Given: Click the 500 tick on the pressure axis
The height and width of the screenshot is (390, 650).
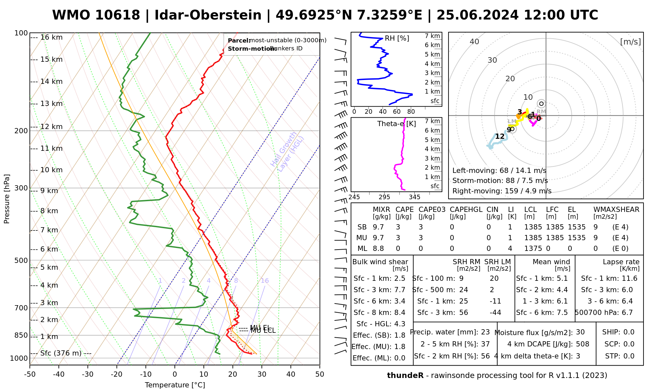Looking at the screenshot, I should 21,260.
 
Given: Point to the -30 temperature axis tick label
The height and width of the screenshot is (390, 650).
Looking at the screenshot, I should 88,374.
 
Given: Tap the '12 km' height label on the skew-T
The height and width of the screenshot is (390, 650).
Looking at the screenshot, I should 51,127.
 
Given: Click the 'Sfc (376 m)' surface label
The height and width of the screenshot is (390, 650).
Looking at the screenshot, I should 61,353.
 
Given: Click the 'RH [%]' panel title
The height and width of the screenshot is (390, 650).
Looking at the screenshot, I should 397,38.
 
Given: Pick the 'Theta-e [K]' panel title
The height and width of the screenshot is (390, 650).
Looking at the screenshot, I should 396,124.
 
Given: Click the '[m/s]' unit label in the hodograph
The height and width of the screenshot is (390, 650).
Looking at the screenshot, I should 630,42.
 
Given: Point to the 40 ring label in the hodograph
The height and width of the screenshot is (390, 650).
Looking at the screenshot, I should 474,42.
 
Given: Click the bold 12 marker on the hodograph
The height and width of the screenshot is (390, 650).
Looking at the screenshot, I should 500,136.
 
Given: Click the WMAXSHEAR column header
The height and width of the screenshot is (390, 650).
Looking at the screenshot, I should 616,210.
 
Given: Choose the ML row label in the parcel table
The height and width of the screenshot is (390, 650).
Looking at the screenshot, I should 362,249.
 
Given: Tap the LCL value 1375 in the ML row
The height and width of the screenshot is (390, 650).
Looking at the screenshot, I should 533,249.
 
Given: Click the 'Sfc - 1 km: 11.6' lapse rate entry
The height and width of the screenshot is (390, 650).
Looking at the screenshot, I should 609,279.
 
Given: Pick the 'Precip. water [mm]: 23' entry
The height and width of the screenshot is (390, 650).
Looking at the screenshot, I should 450,332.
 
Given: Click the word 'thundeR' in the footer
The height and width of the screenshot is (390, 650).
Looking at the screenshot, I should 405,376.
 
